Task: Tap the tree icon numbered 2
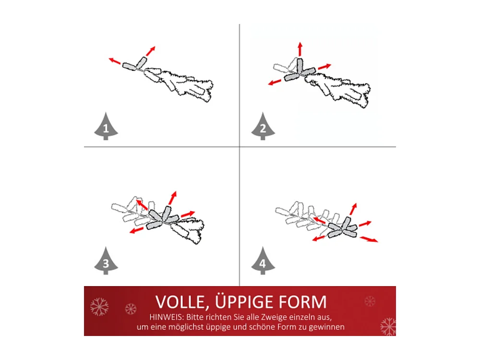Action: click(x=263, y=126)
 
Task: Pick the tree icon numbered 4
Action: click(x=263, y=262)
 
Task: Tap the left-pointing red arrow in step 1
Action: click(x=115, y=61)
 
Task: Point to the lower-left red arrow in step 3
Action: click(x=136, y=230)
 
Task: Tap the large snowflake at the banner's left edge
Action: click(x=99, y=307)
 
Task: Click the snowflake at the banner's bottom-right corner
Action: click(x=388, y=326)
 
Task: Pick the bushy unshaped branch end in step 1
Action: click(x=192, y=86)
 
